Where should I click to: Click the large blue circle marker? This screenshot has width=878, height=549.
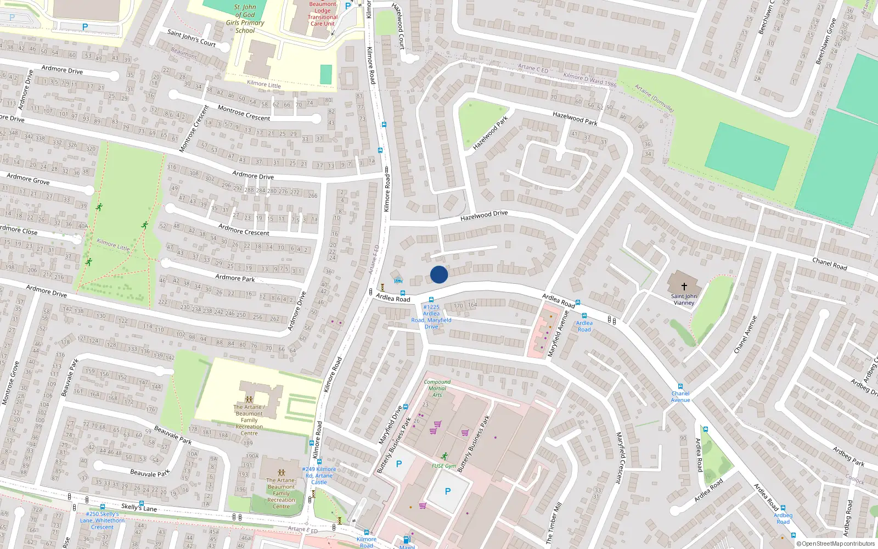439,274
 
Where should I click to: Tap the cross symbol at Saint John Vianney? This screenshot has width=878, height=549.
684,286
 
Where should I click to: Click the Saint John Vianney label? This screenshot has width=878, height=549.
684,299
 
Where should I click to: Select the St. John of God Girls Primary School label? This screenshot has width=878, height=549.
245,19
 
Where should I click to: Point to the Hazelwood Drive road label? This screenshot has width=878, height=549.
484,215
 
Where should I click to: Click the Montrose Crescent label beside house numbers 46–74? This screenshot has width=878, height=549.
244,114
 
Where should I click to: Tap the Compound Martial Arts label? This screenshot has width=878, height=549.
437,388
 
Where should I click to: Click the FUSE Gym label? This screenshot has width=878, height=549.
443,466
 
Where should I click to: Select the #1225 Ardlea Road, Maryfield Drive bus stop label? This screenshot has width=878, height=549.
431,317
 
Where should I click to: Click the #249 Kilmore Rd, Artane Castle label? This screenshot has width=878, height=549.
319,475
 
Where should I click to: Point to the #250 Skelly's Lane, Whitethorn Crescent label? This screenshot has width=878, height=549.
102,520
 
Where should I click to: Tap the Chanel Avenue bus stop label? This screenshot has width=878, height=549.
680,396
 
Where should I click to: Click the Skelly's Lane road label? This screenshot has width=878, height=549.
139,507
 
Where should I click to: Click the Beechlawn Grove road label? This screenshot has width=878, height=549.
825,42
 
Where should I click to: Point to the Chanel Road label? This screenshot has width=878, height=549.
830,264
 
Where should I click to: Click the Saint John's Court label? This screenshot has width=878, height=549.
192,38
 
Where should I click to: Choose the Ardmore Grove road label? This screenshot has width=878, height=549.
28,179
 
